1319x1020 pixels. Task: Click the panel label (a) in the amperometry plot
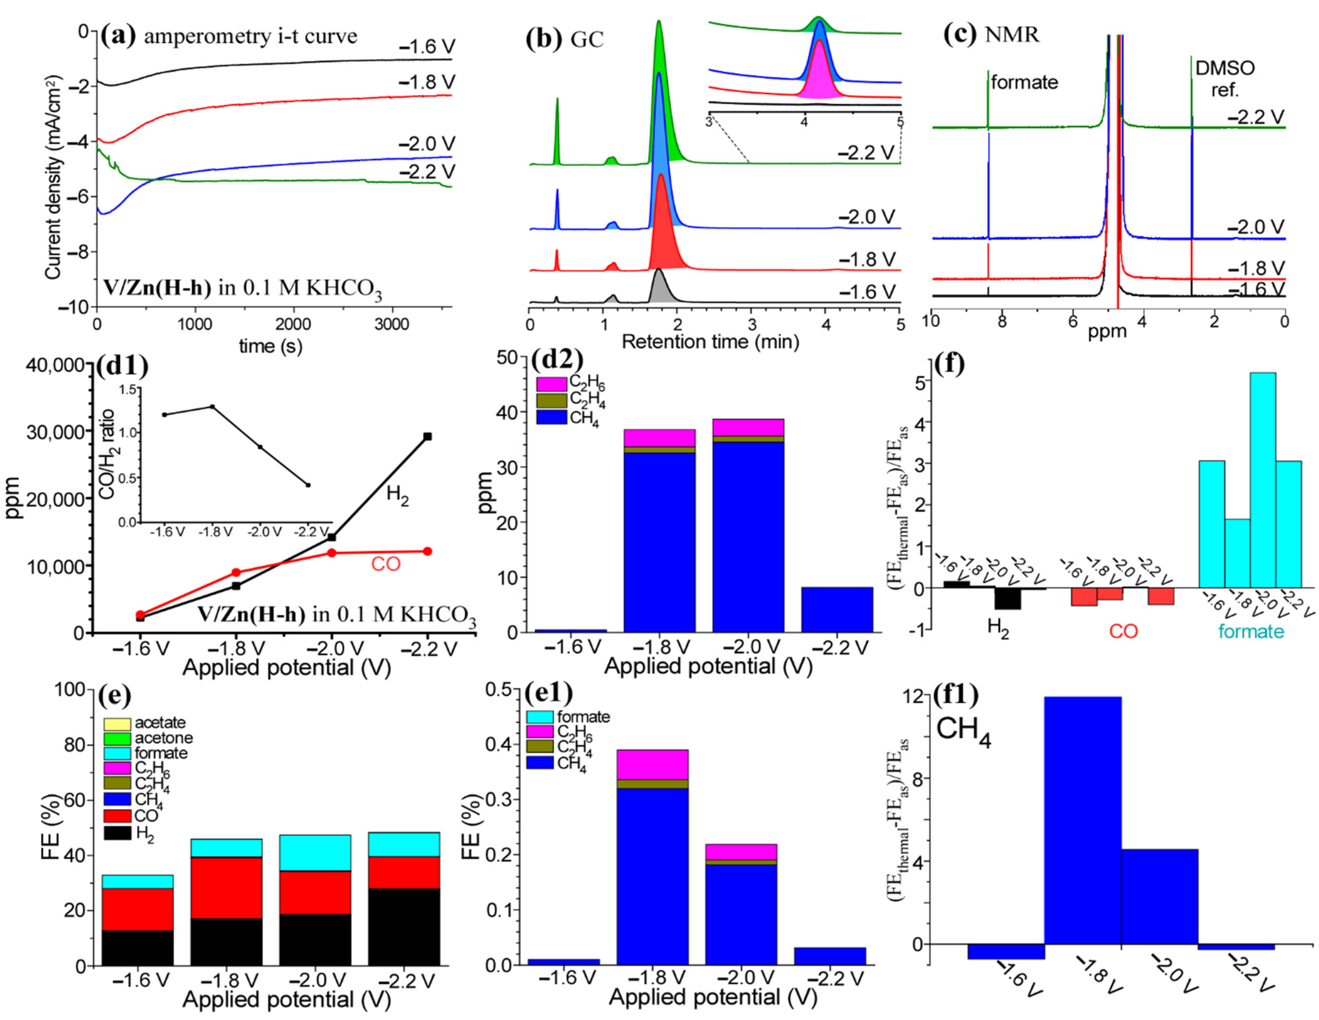coord(119,36)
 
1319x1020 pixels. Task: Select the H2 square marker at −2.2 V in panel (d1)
coord(428,436)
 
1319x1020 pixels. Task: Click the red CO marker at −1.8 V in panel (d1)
coord(236,572)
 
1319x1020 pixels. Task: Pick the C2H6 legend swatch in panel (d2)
coord(551,384)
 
